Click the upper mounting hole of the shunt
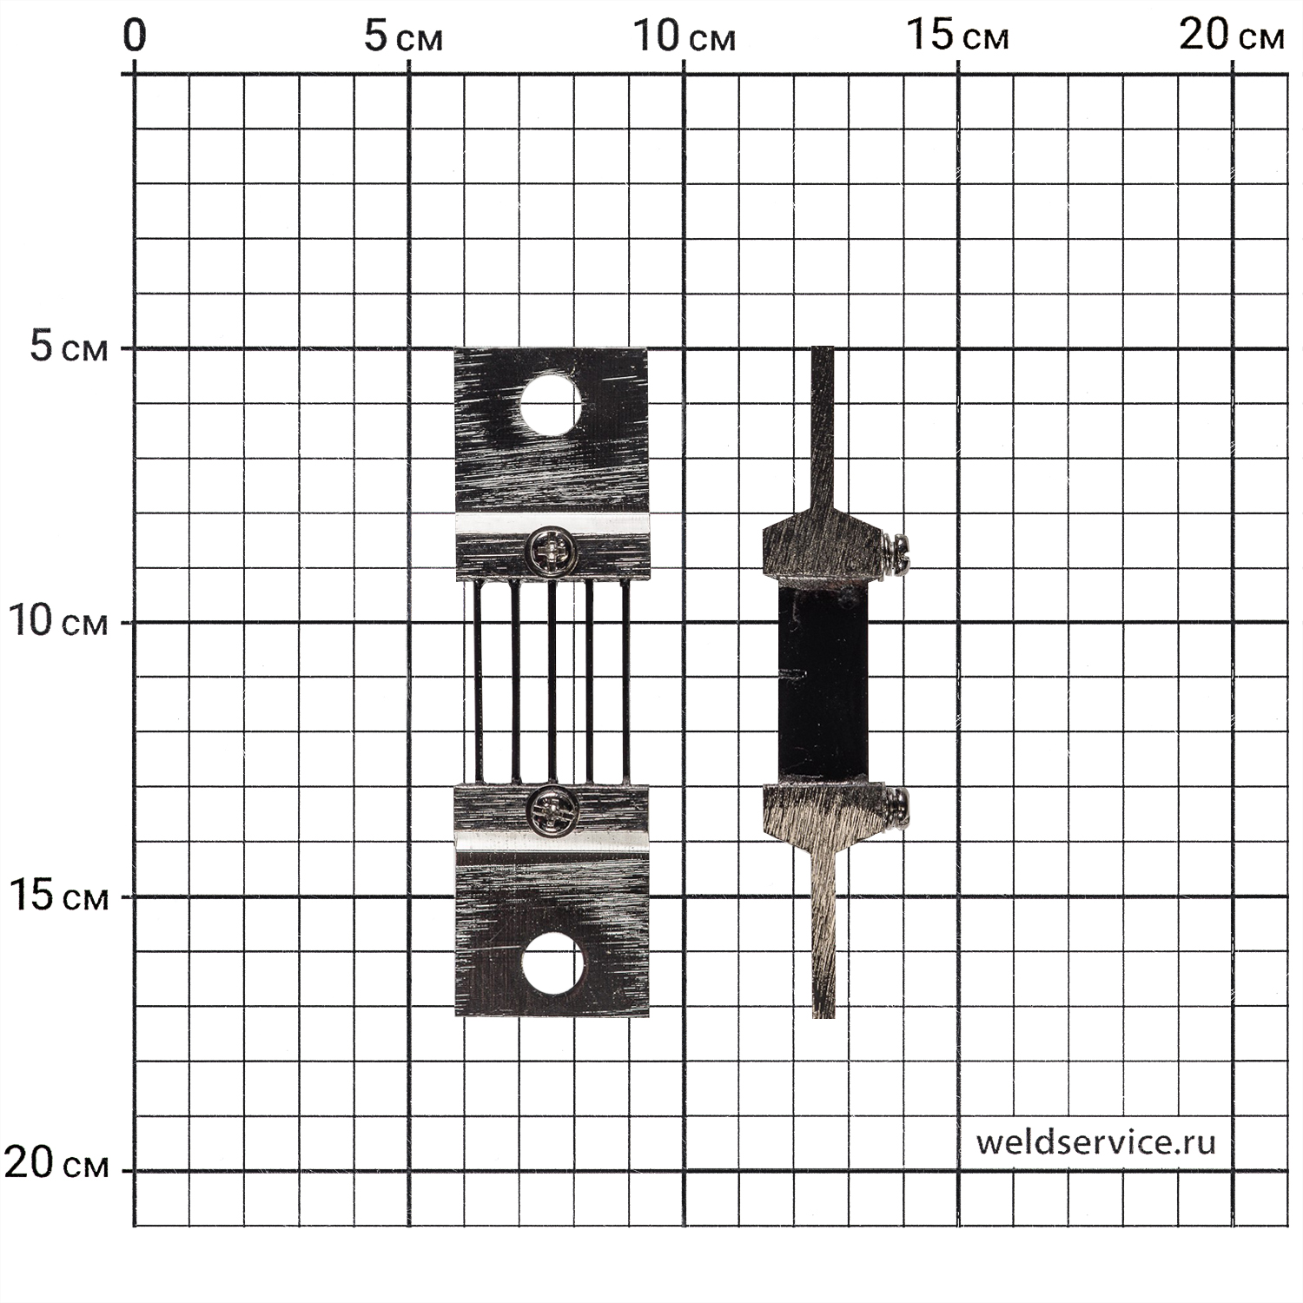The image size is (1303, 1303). [x=551, y=403]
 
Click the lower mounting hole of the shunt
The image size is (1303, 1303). [x=552, y=963]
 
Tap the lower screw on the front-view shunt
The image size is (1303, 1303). [x=552, y=810]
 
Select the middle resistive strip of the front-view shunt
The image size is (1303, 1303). [x=552, y=682]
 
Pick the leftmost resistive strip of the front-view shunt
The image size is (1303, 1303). [x=478, y=682]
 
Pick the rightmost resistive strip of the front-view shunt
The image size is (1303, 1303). [x=625, y=682]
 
